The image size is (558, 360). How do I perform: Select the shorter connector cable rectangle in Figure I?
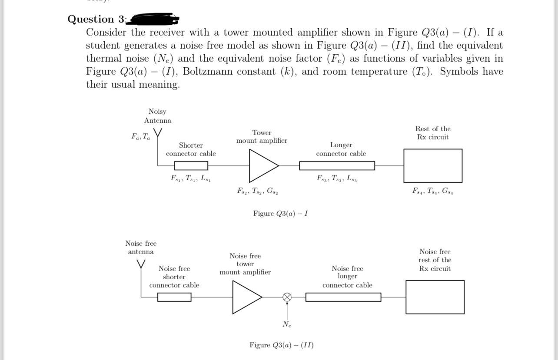click(x=191, y=166)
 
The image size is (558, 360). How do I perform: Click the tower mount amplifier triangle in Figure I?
click(x=262, y=166)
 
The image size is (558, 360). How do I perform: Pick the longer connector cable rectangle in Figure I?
click(x=337, y=166)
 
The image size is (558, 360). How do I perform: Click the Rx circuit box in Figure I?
click(x=433, y=165)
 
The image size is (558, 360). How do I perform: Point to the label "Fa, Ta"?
click(x=141, y=136)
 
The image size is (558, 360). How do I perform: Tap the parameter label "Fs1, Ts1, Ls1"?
click(x=191, y=178)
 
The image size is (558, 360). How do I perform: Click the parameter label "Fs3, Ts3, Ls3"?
click(x=337, y=178)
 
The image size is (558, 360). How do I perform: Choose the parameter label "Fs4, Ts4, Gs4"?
click(x=433, y=191)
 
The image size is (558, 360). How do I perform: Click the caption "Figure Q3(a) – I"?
click(x=281, y=214)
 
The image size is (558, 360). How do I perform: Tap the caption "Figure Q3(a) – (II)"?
click(x=281, y=345)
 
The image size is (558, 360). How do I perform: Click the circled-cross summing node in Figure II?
click(x=287, y=297)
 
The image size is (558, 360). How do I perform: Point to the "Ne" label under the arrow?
click(x=287, y=324)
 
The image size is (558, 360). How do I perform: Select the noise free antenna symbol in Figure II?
click(x=141, y=264)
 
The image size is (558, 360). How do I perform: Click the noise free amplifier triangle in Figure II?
click(x=246, y=297)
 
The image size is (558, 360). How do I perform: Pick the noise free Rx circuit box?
click(x=435, y=297)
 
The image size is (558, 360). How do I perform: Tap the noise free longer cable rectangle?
click(x=343, y=297)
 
